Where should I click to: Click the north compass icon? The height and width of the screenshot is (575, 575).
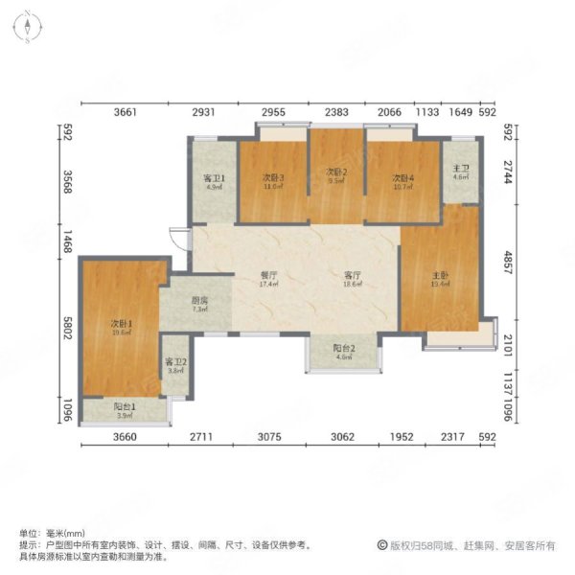30,26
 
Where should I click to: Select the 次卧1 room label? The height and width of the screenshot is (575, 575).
123,324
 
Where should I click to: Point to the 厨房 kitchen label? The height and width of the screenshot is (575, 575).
199,301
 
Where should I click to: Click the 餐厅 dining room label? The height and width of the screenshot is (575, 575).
269,274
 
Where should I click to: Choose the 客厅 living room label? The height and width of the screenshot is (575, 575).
353,274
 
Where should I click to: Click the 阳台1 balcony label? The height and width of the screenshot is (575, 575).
126,407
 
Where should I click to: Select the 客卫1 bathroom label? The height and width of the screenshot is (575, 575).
213,178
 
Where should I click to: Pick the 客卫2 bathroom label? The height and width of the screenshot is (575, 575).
175,362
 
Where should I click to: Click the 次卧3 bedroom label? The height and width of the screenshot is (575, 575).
274,178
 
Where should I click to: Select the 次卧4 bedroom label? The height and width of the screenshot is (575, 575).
402,178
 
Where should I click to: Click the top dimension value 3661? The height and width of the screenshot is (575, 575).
126,112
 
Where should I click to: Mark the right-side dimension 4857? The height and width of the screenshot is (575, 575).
513,262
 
